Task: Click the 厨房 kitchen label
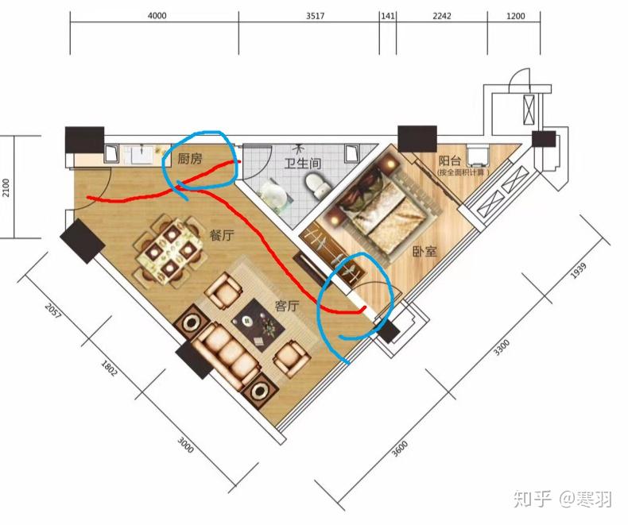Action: [190, 159]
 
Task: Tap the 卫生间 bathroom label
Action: [303, 164]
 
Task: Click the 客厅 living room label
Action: [286, 306]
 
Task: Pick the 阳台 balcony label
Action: [450, 160]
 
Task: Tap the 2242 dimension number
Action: [442, 16]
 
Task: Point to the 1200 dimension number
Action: [517, 16]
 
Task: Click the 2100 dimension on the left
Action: [6, 187]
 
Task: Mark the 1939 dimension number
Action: [578, 272]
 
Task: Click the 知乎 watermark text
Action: [530, 499]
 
